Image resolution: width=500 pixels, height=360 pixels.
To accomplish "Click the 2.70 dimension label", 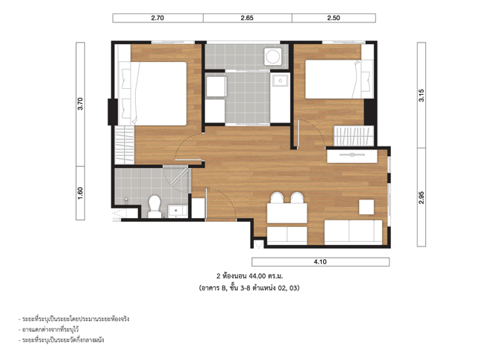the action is [x=157, y=18].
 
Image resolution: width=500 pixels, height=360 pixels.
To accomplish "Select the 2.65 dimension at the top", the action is [x=247, y=18].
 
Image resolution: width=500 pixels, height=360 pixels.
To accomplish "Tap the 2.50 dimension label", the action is [x=334, y=18].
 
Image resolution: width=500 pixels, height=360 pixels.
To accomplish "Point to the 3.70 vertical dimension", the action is [x=81, y=104].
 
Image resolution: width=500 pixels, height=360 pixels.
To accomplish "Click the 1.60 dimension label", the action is [x=81, y=193].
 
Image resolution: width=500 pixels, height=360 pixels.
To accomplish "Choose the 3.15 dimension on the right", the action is [x=421, y=96].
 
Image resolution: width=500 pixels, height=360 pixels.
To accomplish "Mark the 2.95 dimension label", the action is [x=421, y=198].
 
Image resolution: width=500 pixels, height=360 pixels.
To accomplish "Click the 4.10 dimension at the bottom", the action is [x=320, y=261].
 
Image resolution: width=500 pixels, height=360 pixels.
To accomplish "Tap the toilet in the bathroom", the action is [x=154, y=207].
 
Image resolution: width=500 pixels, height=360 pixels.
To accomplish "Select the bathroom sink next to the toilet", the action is [x=178, y=211].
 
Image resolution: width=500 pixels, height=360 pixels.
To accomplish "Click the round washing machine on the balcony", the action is [x=272, y=57].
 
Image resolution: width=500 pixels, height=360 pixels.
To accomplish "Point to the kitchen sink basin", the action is [x=281, y=80].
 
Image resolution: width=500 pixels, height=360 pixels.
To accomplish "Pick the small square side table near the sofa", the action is [x=366, y=207].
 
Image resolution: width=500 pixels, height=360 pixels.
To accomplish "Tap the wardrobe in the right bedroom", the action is [x=353, y=136].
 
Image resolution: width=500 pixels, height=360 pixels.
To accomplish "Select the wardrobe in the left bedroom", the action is [x=125, y=145].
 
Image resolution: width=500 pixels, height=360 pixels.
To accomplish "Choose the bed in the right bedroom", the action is [x=340, y=79].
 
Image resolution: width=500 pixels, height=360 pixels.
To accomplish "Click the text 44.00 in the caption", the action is [x=257, y=276].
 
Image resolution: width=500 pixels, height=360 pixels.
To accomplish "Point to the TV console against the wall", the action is [x=352, y=156].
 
